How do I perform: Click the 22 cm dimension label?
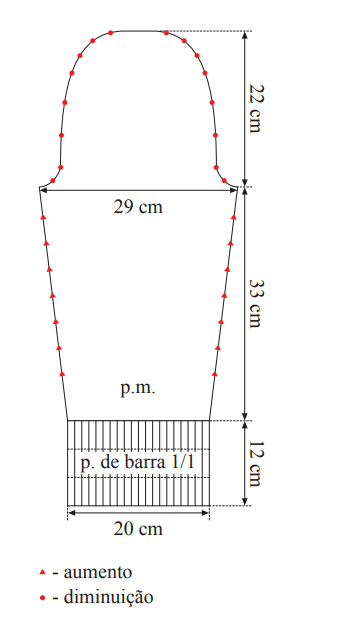click(255, 109)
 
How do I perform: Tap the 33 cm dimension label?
click(255, 304)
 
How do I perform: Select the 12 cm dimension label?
click(255, 463)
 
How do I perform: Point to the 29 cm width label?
click(138, 207)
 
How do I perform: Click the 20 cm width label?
click(138, 529)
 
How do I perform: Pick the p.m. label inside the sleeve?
click(138, 389)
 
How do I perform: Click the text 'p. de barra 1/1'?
click(137, 463)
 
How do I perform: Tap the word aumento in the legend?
click(97, 572)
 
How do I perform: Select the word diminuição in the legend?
click(108, 597)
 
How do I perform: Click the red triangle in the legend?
click(43, 572)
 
